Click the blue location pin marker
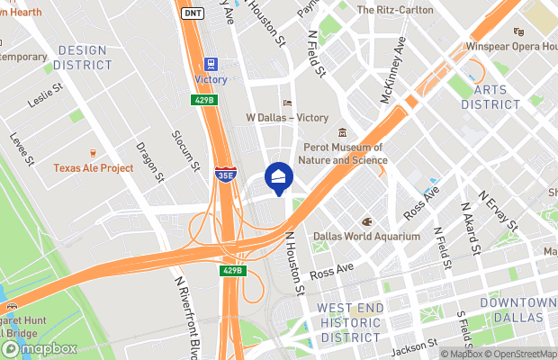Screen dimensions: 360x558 [x=279, y=178]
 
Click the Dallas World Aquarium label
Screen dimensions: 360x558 [x=366, y=236]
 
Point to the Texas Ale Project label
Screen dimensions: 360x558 [x=93, y=168]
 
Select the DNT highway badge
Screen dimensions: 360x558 [x=192, y=13]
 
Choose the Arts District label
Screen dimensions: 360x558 [x=490, y=97]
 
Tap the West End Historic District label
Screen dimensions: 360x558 [x=350, y=322]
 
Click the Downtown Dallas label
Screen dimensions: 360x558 [x=519, y=310]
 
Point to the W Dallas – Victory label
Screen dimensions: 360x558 [x=287, y=117]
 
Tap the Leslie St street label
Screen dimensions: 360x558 [x=44, y=94]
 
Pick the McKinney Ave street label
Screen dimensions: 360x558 [x=393, y=69]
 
